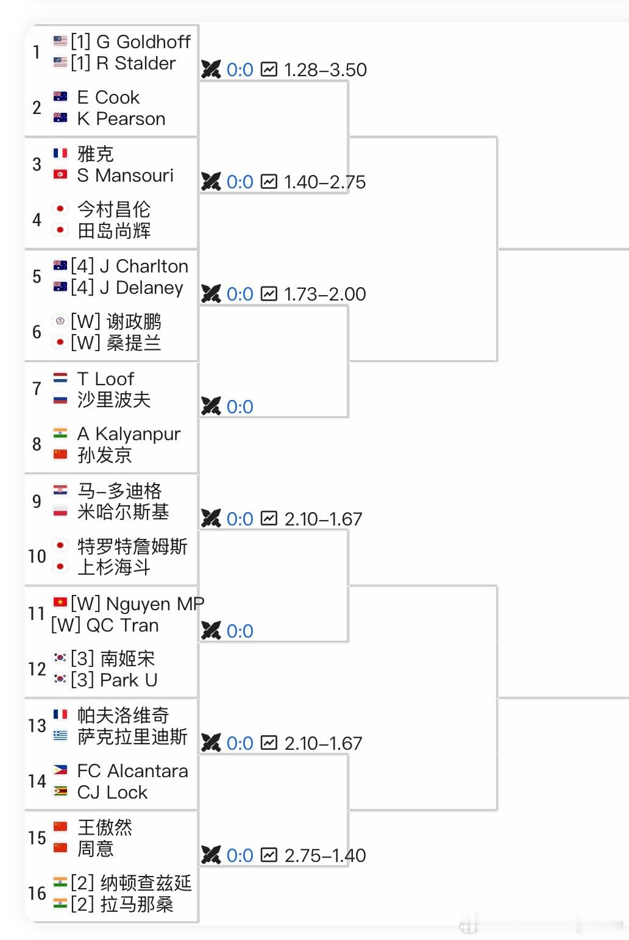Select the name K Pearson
coord(121,119)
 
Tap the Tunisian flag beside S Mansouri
coord(60,175)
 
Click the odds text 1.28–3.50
coord(325,70)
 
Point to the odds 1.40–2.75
coord(325,182)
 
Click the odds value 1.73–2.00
coord(325,294)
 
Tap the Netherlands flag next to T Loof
coord(60,379)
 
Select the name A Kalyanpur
coord(129,434)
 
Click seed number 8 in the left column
coord(37,444)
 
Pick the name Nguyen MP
coord(155,604)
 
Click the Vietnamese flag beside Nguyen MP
coord(60,603)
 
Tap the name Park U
coord(129,680)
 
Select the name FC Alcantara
coord(132,771)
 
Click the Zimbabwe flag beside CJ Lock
coord(60,792)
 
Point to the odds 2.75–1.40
coord(325,856)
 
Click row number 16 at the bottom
coord(37,894)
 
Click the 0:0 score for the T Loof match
coord(240,407)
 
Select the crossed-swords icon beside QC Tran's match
coord(211,631)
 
